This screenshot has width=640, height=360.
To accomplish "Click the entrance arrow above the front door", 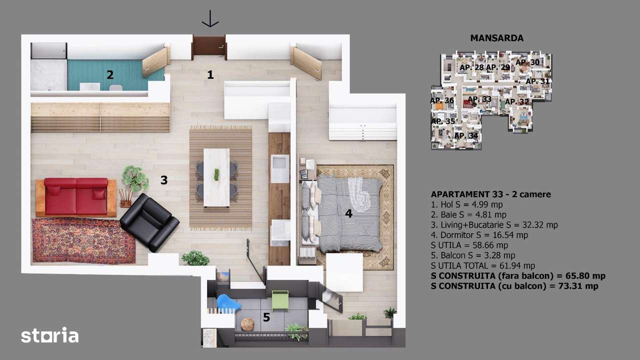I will click(x=210, y=18).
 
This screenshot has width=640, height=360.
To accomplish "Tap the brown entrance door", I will click(x=209, y=45).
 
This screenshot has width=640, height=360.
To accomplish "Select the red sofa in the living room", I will click(x=76, y=196).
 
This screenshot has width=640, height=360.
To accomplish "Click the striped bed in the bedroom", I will click(x=342, y=213).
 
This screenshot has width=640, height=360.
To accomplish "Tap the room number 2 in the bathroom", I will click(x=110, y=75).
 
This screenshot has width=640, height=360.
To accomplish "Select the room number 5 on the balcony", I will click(x=266, y=317).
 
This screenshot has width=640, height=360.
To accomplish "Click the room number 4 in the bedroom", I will click(x=348, y=213).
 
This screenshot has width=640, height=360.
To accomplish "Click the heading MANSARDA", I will click(x=496, y=38).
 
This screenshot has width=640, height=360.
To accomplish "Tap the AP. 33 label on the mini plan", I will click(x=479, y=99).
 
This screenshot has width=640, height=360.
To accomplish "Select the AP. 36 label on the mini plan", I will click(x=442, y=100).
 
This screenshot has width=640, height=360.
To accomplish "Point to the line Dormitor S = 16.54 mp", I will click(x=479, y=234).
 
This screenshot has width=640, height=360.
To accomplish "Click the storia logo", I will click(x=49, y=335).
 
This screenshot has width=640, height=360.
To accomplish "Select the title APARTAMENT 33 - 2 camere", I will click(x=490, y=194).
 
